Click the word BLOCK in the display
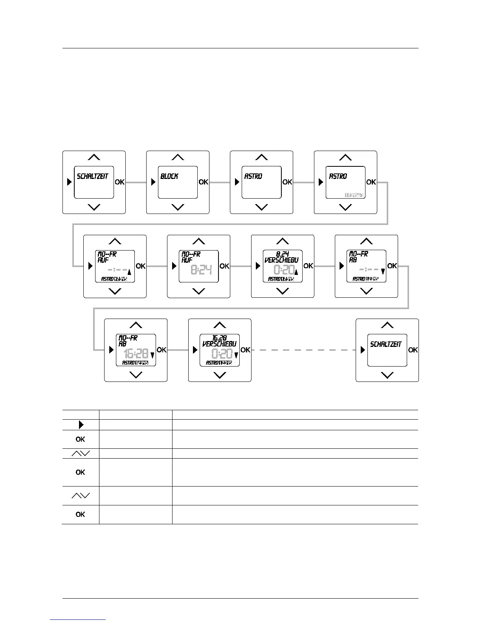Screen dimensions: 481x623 (169, 177)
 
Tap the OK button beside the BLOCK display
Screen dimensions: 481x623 (204, 182)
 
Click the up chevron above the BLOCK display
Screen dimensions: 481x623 (178, 157)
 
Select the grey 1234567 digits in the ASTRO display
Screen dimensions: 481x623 (354, 195)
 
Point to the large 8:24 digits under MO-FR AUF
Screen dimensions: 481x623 (201, 270)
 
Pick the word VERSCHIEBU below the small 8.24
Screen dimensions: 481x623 (282, 260)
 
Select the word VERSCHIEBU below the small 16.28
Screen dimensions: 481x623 (219, 344)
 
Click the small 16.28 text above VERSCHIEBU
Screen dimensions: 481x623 (219, 338)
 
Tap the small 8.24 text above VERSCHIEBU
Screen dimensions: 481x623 (282, 254)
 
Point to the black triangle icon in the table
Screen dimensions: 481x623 (81, 425)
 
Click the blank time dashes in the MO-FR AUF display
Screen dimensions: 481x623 (118, 270)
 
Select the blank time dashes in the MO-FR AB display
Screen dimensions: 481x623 (369, 270)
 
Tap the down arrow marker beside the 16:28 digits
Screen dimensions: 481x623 (152, 356)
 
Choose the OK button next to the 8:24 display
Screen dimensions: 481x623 (224, 266)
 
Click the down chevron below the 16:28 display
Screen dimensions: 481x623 (136, 375)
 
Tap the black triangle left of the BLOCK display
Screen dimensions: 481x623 (153, 182)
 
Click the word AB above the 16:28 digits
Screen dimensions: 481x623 (123, 344)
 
